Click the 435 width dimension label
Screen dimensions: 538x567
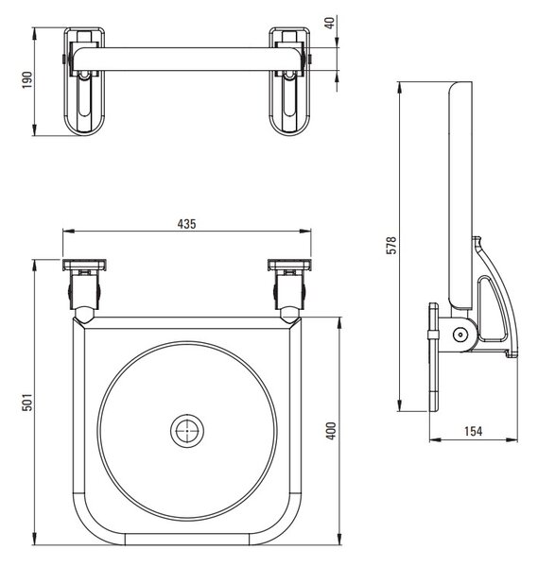coord(186,224)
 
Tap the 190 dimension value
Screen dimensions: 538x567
coord(27,80)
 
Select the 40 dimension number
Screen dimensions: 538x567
coord(330,23)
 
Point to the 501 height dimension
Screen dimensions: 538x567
coord(27,403)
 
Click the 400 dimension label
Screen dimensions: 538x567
coord(331,431)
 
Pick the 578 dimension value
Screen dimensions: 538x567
coord(391,246)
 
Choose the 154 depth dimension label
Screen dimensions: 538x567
coord(474,432)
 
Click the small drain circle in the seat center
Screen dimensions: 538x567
coord(187,431)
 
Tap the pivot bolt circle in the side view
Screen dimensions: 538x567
coord(460,335)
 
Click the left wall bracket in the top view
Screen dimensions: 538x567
coord(85,81)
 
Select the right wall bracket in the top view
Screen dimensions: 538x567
coord(289,81)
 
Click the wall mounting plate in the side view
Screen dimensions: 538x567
coord(434,357)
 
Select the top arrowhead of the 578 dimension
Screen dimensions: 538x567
coord(399,88)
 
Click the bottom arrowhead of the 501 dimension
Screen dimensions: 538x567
coord(35,539)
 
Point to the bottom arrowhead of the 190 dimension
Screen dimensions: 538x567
coord(35,129)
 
